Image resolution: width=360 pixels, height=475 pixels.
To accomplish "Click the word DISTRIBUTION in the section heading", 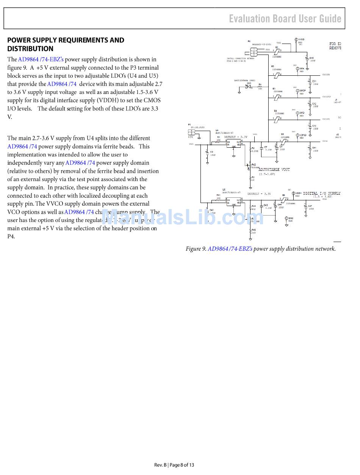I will pos(30,48).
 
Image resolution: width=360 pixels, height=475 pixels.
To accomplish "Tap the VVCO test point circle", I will pos(296,39).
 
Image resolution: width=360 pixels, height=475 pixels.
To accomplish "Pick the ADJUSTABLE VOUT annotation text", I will pos(274,170).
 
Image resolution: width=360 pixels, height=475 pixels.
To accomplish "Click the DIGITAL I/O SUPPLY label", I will pos(321,194).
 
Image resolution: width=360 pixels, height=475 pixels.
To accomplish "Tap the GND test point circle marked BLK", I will pos(286,219).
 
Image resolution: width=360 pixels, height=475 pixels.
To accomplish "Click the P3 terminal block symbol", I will pos(192,132).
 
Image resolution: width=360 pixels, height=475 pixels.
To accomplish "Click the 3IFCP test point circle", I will pos(297,91).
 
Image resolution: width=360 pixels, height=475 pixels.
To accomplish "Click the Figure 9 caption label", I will pos(196,249).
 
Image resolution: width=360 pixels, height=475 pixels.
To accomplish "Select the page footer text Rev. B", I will pos(160,465).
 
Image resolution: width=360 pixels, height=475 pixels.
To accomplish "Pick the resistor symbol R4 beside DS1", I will pos(260,87).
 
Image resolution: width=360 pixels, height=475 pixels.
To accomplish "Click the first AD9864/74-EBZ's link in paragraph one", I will pos(41,59).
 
